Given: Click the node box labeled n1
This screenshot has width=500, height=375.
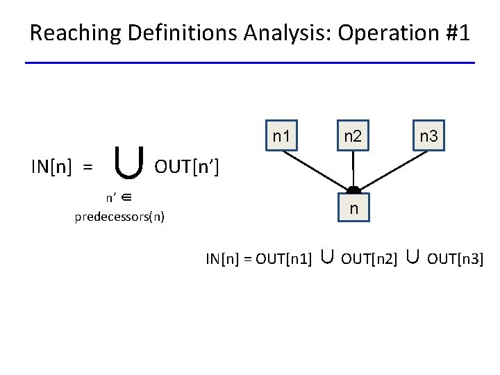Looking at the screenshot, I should point(281,136).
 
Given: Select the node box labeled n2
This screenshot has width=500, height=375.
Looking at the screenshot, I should point(353,136).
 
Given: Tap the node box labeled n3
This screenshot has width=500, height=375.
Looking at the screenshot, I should point(428,136).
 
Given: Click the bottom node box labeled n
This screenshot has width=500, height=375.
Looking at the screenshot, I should point(353,208).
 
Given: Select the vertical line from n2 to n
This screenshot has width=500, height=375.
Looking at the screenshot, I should point(353,169).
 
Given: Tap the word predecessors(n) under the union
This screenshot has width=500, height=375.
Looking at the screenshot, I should point(119,216).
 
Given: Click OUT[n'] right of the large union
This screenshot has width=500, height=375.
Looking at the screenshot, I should point(187,167).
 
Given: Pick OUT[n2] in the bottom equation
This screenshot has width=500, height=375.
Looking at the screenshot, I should point(369,259).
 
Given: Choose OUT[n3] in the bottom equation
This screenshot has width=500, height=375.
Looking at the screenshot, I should point(455,259).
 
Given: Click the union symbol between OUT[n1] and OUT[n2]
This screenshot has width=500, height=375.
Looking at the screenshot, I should point(326,258).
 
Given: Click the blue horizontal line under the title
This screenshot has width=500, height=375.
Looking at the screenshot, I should point(250,63).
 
